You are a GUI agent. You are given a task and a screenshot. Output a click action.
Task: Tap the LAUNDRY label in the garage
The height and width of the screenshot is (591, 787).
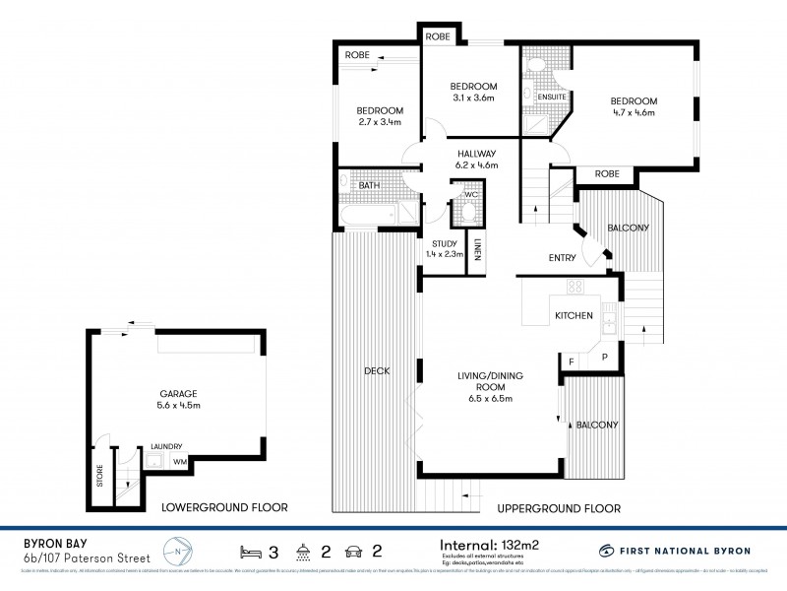point(165,446)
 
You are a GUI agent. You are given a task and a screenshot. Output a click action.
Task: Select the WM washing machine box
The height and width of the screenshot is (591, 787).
point(180,461)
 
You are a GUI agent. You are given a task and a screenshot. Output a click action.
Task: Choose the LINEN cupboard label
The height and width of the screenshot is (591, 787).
point(477,251)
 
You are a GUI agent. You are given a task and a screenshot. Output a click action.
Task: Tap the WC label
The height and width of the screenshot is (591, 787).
point(469,195)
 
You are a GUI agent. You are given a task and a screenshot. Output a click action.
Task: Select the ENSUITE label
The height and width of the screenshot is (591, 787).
point(552,97)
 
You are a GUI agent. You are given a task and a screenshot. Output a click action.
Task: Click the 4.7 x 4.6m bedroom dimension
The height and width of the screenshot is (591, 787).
point(633,113)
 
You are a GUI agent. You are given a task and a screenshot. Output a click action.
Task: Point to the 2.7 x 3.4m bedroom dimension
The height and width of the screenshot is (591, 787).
point(380,122)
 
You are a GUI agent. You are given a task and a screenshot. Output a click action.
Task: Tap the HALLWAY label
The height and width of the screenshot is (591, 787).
point(476,154)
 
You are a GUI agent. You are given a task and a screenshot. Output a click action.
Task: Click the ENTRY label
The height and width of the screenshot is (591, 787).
point(562,258)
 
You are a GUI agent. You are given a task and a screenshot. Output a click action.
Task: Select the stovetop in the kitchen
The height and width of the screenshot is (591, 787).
point(575,288)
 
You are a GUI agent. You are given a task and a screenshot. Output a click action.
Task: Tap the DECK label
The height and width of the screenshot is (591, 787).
point(377,371)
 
